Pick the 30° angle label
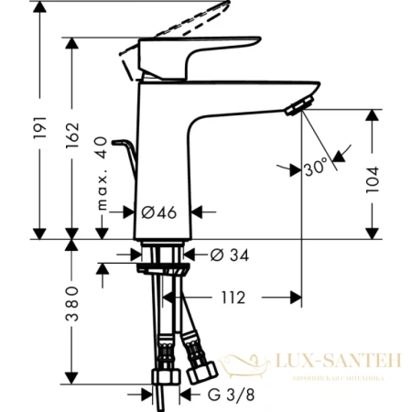[317, 168]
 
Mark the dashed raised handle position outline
[183, 23]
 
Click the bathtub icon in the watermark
[246, 366]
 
